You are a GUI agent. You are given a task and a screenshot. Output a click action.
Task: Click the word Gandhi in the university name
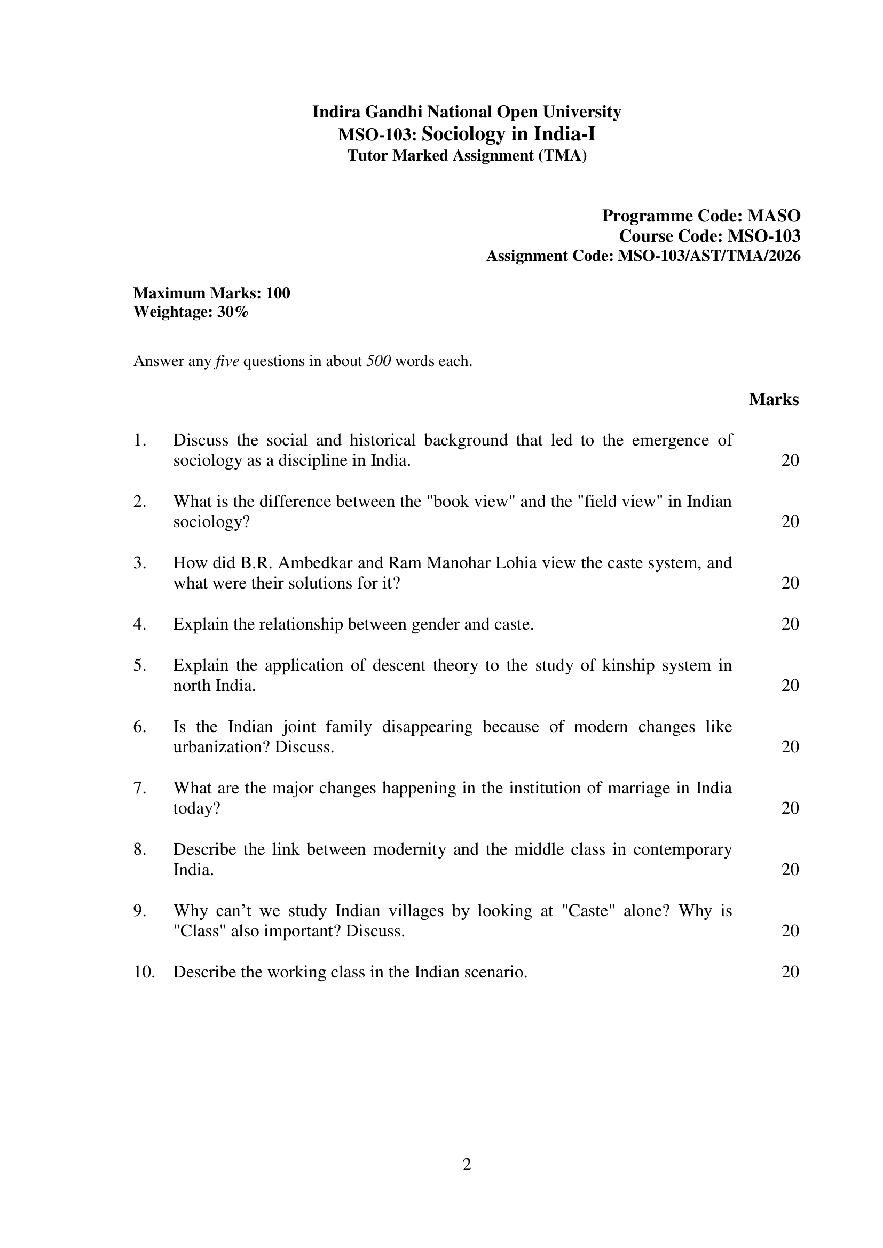coord(393,112)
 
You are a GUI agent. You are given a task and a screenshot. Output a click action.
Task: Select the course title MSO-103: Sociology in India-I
coord(467,133)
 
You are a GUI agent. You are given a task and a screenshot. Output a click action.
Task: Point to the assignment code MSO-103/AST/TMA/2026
coord(709,256)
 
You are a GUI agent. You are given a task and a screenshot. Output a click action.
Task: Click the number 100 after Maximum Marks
coord(278,293)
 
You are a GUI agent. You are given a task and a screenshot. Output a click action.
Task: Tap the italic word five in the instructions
coord(227,361)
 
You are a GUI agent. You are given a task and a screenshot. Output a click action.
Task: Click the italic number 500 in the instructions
coord(379,361)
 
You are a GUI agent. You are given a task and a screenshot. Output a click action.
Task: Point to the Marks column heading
coord(773,400)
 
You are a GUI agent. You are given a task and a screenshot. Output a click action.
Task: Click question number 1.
coord(140,440)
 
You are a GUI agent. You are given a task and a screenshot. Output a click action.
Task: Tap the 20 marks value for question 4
coord(790,624)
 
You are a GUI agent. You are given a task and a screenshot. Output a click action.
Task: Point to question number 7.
coord(140,788)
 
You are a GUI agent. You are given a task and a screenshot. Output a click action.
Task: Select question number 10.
coord(144,972)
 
